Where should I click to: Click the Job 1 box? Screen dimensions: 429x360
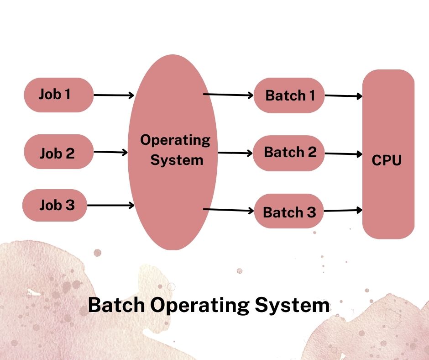click(59, 95)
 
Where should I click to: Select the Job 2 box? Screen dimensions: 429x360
click(59, 152)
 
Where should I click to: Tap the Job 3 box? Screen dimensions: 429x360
click(55, 205)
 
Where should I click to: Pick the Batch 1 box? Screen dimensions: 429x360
click(289, 95)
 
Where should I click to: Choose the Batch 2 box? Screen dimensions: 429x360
click(288, 153)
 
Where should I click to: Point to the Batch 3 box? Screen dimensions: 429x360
click(289, 211)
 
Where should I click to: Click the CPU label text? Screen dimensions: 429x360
click(386, 160)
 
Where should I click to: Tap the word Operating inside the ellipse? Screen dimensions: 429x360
click(175, 141)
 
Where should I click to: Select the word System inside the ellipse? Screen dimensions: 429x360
click(177, 160)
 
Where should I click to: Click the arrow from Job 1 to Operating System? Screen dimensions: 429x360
click(114, 95)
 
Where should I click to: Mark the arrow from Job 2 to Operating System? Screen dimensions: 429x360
click(110, 152)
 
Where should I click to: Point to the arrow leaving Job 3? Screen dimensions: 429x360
click(110, 205)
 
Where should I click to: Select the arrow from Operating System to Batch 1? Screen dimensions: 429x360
click(229, 95)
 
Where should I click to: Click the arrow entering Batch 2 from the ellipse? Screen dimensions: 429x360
click(235, 153)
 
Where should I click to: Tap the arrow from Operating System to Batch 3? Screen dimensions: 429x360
click(229, 210)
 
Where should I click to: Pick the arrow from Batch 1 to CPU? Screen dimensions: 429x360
click(344, 96)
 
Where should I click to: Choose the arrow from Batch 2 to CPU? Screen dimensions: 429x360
click(344, 154)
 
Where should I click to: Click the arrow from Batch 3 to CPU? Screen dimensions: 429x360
click(343, 211)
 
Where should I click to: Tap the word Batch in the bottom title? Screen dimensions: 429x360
click(116, 305)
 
